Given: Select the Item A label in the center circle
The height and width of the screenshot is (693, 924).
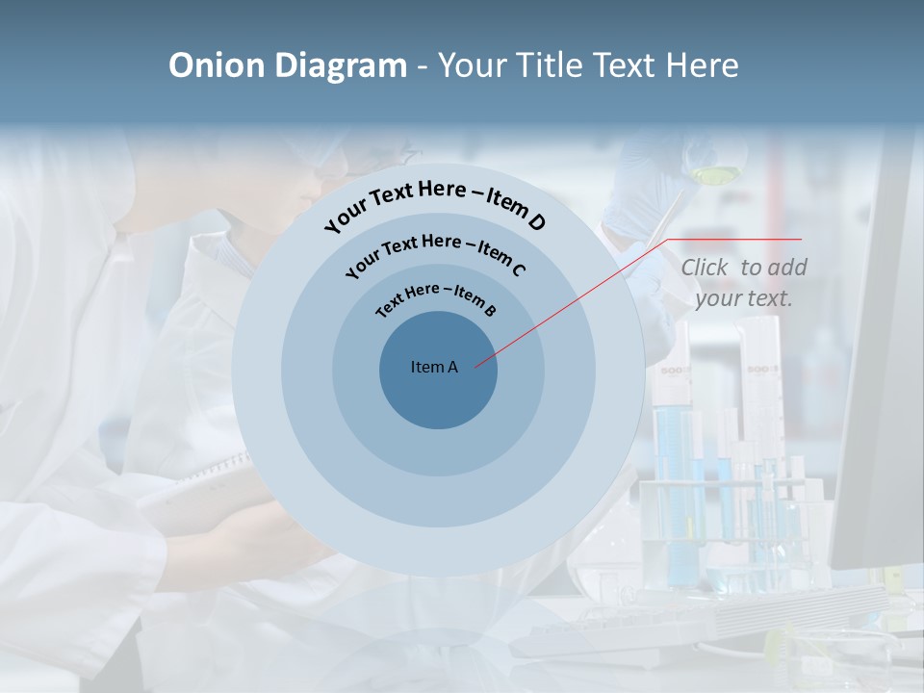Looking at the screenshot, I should (x=434, y=367).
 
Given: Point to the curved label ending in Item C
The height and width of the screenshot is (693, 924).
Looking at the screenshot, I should (x=435, y=252).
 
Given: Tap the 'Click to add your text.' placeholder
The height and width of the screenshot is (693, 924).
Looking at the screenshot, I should (x=744, y=283).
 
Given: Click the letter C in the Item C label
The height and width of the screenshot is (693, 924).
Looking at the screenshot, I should (x=518, y=269).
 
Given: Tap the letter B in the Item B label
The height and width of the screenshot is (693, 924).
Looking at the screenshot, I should (x=490, y=311).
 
